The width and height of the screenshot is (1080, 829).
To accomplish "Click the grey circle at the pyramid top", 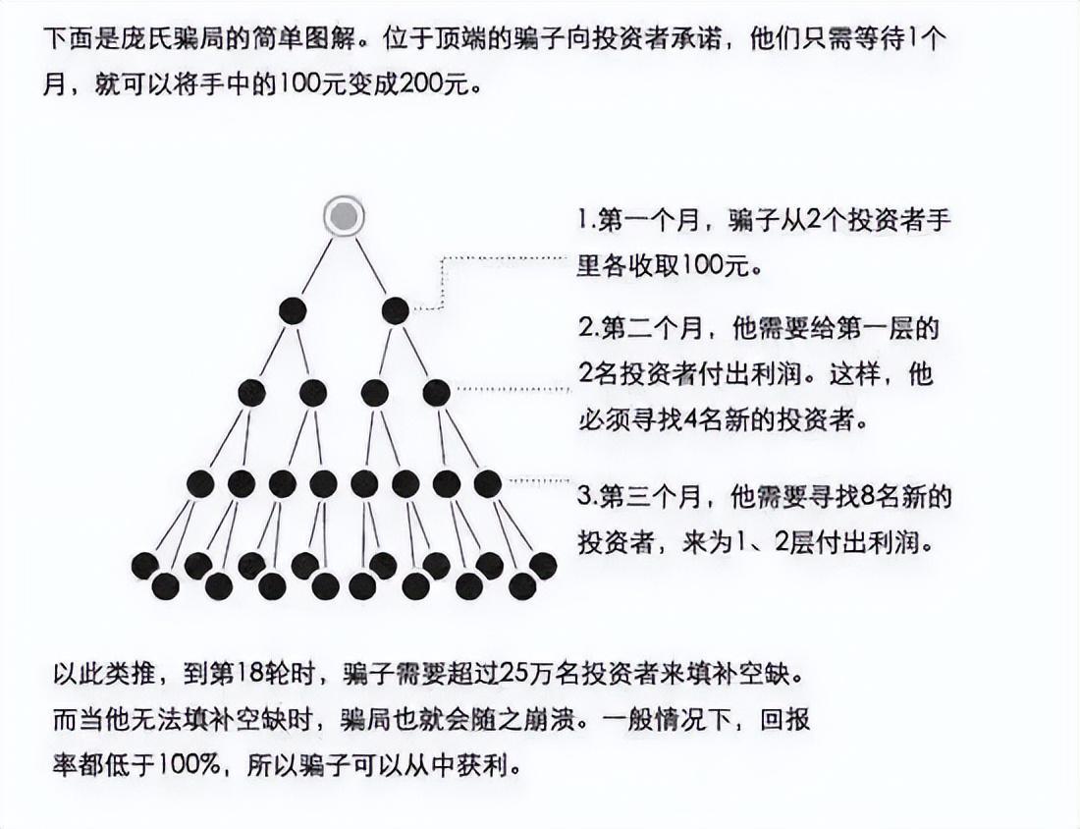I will [x=344, y=217].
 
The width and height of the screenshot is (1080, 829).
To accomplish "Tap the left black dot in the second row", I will [x=293, y=310].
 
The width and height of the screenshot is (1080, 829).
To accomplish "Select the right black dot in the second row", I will [x=396, y=310].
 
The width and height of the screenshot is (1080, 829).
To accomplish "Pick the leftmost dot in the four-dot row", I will [x=251, y=393].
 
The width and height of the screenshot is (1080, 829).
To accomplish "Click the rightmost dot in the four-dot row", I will [x=436, y=393].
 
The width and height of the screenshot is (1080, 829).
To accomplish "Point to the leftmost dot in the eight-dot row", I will [x=200, y=483].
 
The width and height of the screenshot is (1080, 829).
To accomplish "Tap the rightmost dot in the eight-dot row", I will [x=488, y=483].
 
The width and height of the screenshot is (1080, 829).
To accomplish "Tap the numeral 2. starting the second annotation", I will [x=585, y=327].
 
